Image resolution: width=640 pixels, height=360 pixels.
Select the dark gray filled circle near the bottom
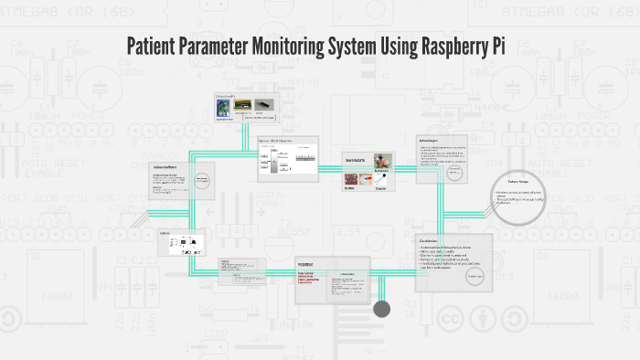point(382,309)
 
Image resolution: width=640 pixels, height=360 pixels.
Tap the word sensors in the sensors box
point(355,161)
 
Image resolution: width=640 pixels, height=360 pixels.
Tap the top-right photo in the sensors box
point(382,159)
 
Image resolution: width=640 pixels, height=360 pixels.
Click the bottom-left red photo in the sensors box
point(351,179)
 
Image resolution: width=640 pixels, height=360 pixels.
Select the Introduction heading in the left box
point(165,167)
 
